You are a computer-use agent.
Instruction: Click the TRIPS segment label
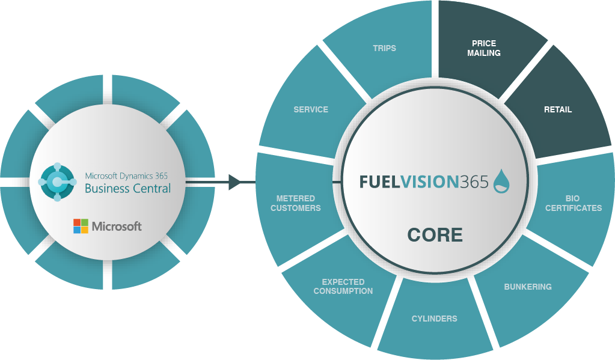pyautogui.click(x=384, y=48)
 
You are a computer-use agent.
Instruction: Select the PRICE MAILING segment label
pyautogui.click(x=484, y=48)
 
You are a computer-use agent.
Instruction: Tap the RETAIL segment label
pyautogui.click(x=558, y=110)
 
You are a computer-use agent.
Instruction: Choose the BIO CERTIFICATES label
pyautogui.click(x=572, y=203)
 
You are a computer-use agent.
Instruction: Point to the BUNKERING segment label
pyautogui.click(x=527, y=287)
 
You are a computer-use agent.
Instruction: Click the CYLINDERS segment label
pyautogui.click(x=434, y=319)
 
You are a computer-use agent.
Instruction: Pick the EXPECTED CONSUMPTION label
pyautogui.click(x=343, y=286)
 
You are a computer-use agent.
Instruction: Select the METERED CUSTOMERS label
pyautogui.click(x=295, y=203)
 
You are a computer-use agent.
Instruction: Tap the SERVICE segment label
pyautogui.click(x=311, y=109)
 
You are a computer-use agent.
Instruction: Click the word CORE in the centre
pyautogui.click(x=435, y=234)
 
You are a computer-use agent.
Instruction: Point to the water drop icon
pyautogui.click(x=501, y=181)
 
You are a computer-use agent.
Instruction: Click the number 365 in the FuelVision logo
pyautogui.click(x=474, y=182)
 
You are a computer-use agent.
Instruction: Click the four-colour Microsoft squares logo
pyautogui.click(x=81, y=226)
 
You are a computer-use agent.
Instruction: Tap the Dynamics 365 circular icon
pyautogui.click(x=57, y=182)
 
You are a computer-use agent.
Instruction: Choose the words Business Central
pyautogui.click(x=127, y=188)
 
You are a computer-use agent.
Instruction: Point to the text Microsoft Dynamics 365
pyautogui.click(x=126, y=175)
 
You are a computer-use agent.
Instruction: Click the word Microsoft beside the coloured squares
pyautogui.click(x=117, y=226)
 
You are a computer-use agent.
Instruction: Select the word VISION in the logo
pyautogui.click(x=428, y=182)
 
